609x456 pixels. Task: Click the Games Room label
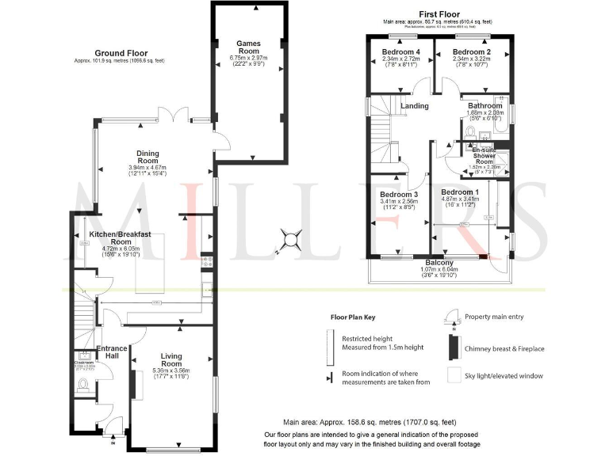coord(248,47)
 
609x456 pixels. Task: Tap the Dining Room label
coord(147,158)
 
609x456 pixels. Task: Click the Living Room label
coord(170,361)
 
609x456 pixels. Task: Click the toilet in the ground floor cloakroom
coord(84,386)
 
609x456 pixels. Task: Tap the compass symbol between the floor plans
coord(291,238)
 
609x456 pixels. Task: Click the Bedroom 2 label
coord(473,51)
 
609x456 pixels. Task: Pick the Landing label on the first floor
coord(414,106)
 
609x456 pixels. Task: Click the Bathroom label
coord(485,105)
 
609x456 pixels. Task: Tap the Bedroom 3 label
coord(398,195)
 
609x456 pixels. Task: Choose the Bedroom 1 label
coord(460,192)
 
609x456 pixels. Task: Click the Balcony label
coord(439,262)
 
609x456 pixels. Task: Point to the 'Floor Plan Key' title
coord(353,317)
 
